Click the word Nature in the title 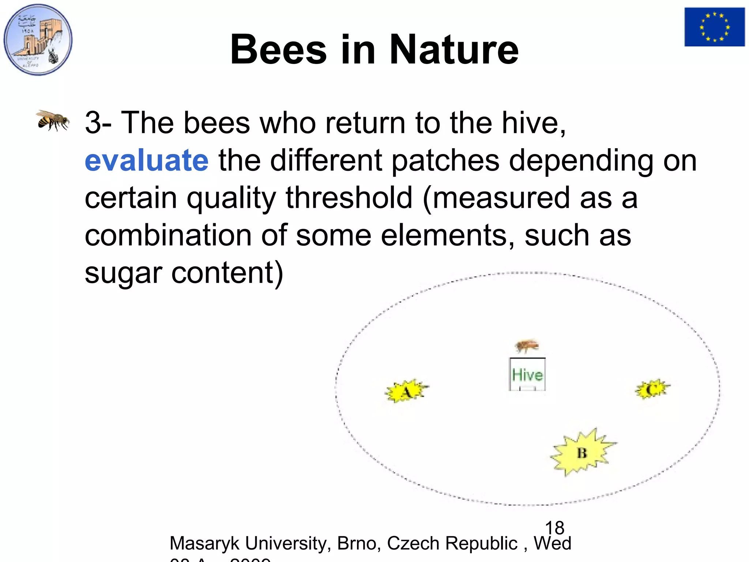(x=454, y=49)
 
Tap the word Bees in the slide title (x=278, y=49)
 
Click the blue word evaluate (x=147, y=161)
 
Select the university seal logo (x=38, y=40)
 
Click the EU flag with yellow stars (x=714, y=27)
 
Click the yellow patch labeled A (x=406, y=391)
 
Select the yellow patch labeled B (x=582, y=453)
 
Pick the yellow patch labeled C (x=652, y=389)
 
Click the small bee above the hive (x=527, y=345)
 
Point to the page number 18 (x=554, y=528)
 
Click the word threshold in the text (x=349, y=198)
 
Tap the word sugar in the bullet (x=123, y=273)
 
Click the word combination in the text (x=168, y=235)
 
